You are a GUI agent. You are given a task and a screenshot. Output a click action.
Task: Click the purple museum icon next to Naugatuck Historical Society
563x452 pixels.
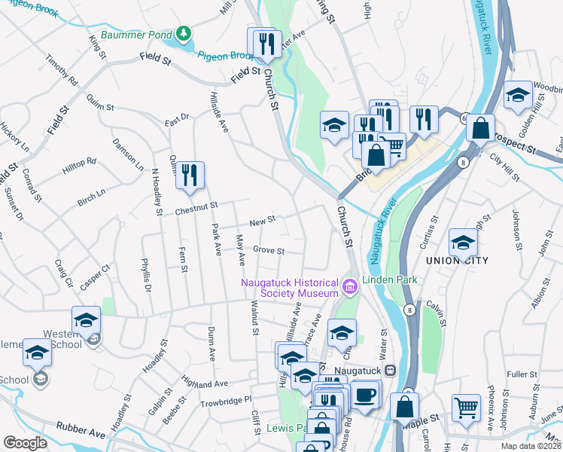coord(348,286)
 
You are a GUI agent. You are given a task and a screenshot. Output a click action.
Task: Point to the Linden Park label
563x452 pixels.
coord(390,280)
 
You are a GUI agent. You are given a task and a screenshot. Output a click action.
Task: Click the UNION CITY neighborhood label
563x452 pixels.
coord(457,261)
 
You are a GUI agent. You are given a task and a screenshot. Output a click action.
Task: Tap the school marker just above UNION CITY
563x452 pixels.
coord(463,243)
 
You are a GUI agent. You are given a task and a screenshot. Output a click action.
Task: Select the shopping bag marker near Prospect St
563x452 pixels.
coord(480,128)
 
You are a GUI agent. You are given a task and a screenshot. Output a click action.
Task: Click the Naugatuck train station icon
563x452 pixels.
coord(390,370)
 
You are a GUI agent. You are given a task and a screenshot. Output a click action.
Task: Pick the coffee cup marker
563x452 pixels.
coord(366,395)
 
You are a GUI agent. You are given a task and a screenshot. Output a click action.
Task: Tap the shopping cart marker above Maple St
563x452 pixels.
coord(466,408)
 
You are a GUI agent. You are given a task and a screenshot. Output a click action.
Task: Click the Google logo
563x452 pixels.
coord(25,443)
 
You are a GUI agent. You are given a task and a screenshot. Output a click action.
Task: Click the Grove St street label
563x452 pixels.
coord(269,250)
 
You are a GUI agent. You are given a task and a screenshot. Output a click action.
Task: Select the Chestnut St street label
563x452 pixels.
coord(197,205)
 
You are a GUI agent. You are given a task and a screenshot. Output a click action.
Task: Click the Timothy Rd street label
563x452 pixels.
coord(62,69)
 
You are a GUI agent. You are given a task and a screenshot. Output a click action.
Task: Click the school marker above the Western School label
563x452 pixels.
coord(86,319)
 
